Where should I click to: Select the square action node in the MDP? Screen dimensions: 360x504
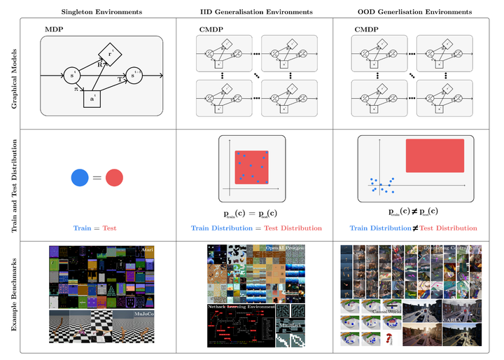pyautogui.click(x=92, y=99)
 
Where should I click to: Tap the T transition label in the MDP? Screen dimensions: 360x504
pyautogui.click(x=120, y=81)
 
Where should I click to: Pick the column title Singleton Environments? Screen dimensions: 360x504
pyautogui.click(x=101, y=12)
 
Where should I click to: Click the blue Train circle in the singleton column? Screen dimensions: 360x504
pyautogui.click(x=80, y=179)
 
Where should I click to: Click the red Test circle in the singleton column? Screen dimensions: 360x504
pyautogui.click(x=114, y=179)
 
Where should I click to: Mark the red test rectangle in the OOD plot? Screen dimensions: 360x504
pyautogui.click(x=434, y=155)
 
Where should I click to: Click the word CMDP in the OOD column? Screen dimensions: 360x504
pyautogui.click(x=366, y=30)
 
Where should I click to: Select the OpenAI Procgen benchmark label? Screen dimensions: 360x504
pyautogui.click(x=284, y=248)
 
